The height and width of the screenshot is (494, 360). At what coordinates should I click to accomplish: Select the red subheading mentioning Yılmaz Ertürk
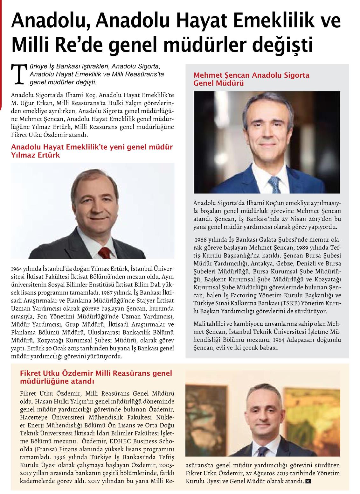coord(92,152)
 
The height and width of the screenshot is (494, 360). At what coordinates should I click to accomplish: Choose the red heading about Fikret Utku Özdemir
coord(96,377)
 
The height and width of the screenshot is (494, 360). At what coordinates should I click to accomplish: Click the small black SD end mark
coord(308,481)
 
